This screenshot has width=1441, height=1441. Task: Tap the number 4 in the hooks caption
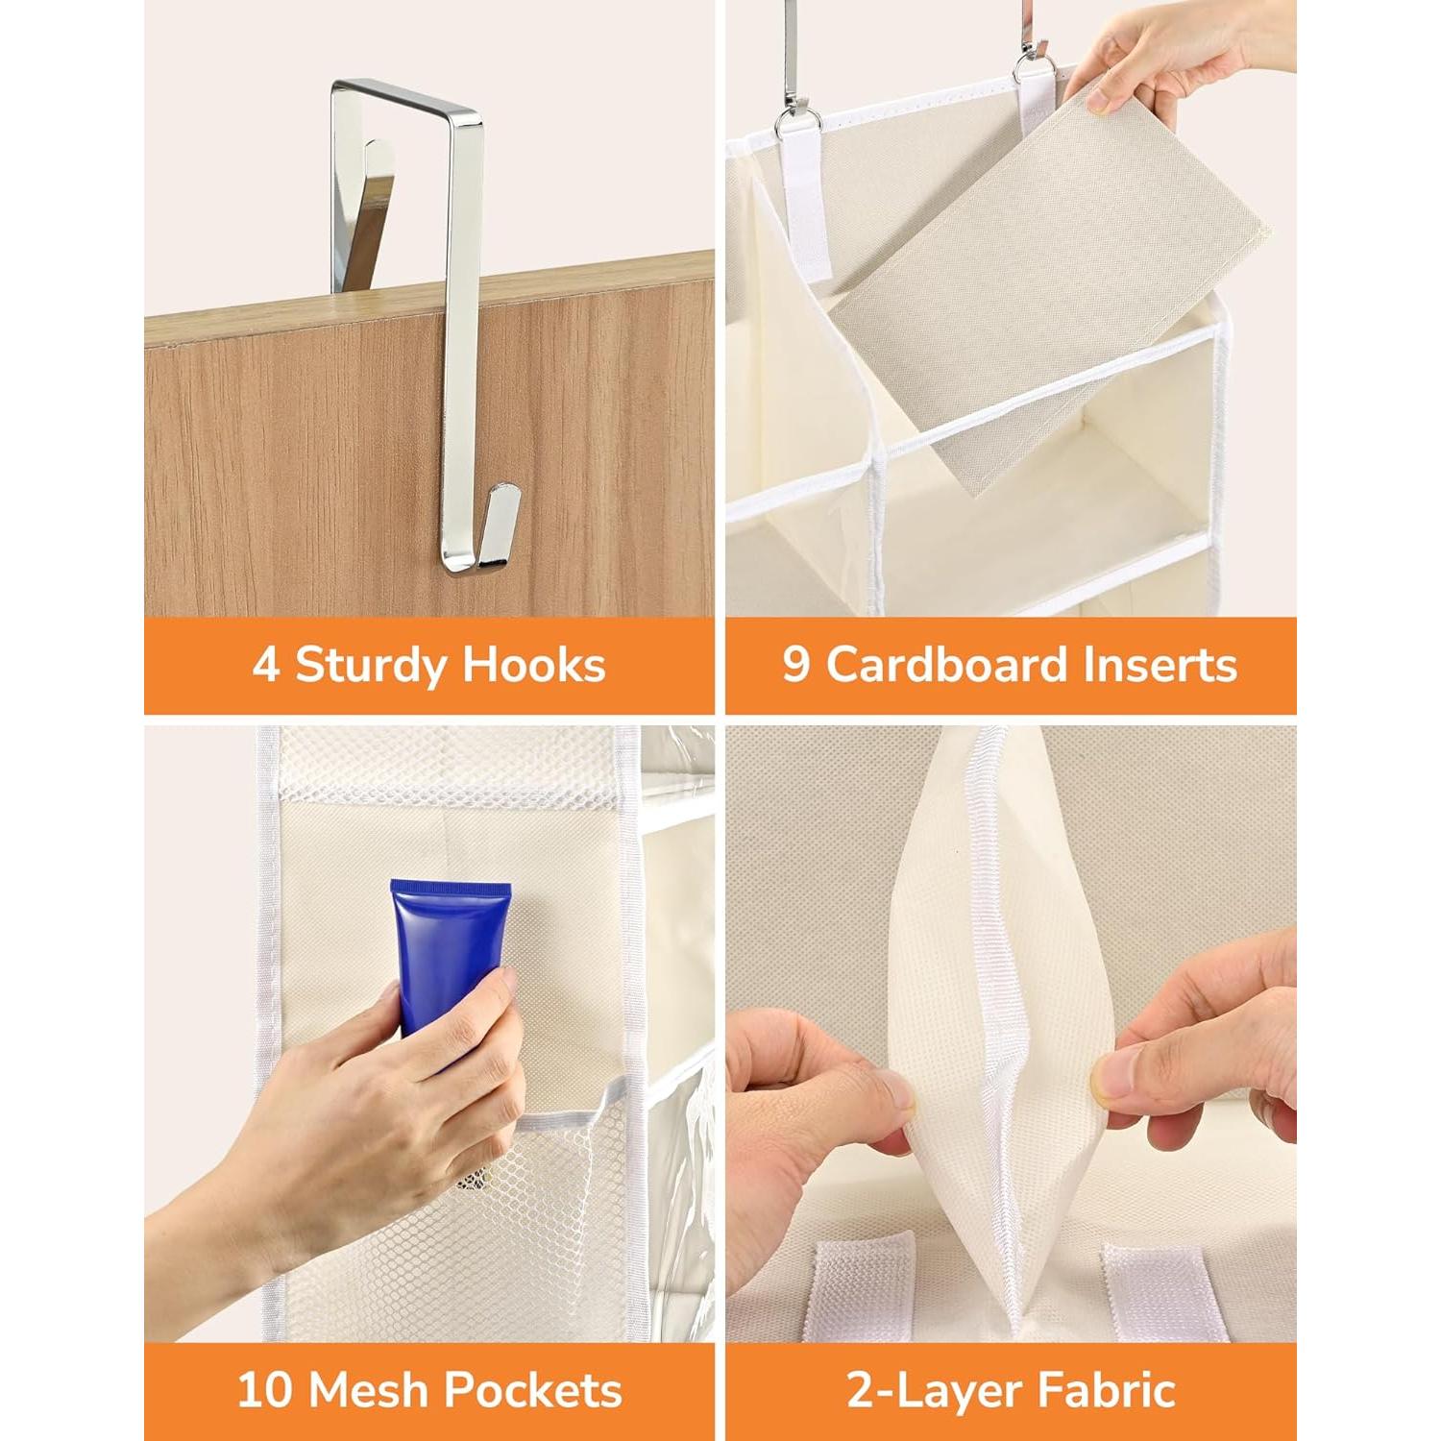pos(265,665)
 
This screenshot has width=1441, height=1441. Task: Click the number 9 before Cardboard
pos(796,665)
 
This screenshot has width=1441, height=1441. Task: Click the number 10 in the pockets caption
pos(265,1390)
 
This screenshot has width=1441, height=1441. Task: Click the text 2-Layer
pos(933,1390)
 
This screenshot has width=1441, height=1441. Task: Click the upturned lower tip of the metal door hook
pos(502,524)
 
